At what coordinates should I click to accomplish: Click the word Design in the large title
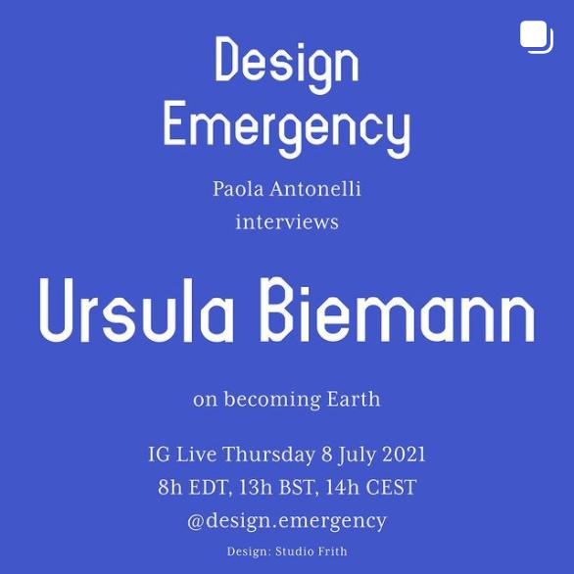pyautogui.click(x=287, y=64)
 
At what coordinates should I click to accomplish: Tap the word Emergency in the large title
pyautogui.click(x=287, y=128)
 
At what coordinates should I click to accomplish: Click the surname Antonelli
pyautogui.click(x=315, y=189)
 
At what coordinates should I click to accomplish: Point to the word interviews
pyautogui.click(x=287, y=221)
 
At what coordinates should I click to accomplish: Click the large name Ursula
pyautogui.click(x=136, y=311)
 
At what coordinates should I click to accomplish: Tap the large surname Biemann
pyautogui.click(x=398, y=311)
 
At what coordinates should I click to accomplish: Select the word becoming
pyautogui.click(x=272, y=400)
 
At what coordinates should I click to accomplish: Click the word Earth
pyautogui.click(x=354, y=399)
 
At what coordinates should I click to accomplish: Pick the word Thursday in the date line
pyautogui.click(x=269, y=454)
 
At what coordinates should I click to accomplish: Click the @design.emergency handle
pyautogui.click(x=287, y=521)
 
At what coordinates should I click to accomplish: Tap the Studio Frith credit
pyautogui.click(x=311, y=551)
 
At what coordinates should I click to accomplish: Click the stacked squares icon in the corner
pyautogui.click(x=537, y=37)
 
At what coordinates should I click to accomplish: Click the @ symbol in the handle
pyautogui.click(x=196, y=522)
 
